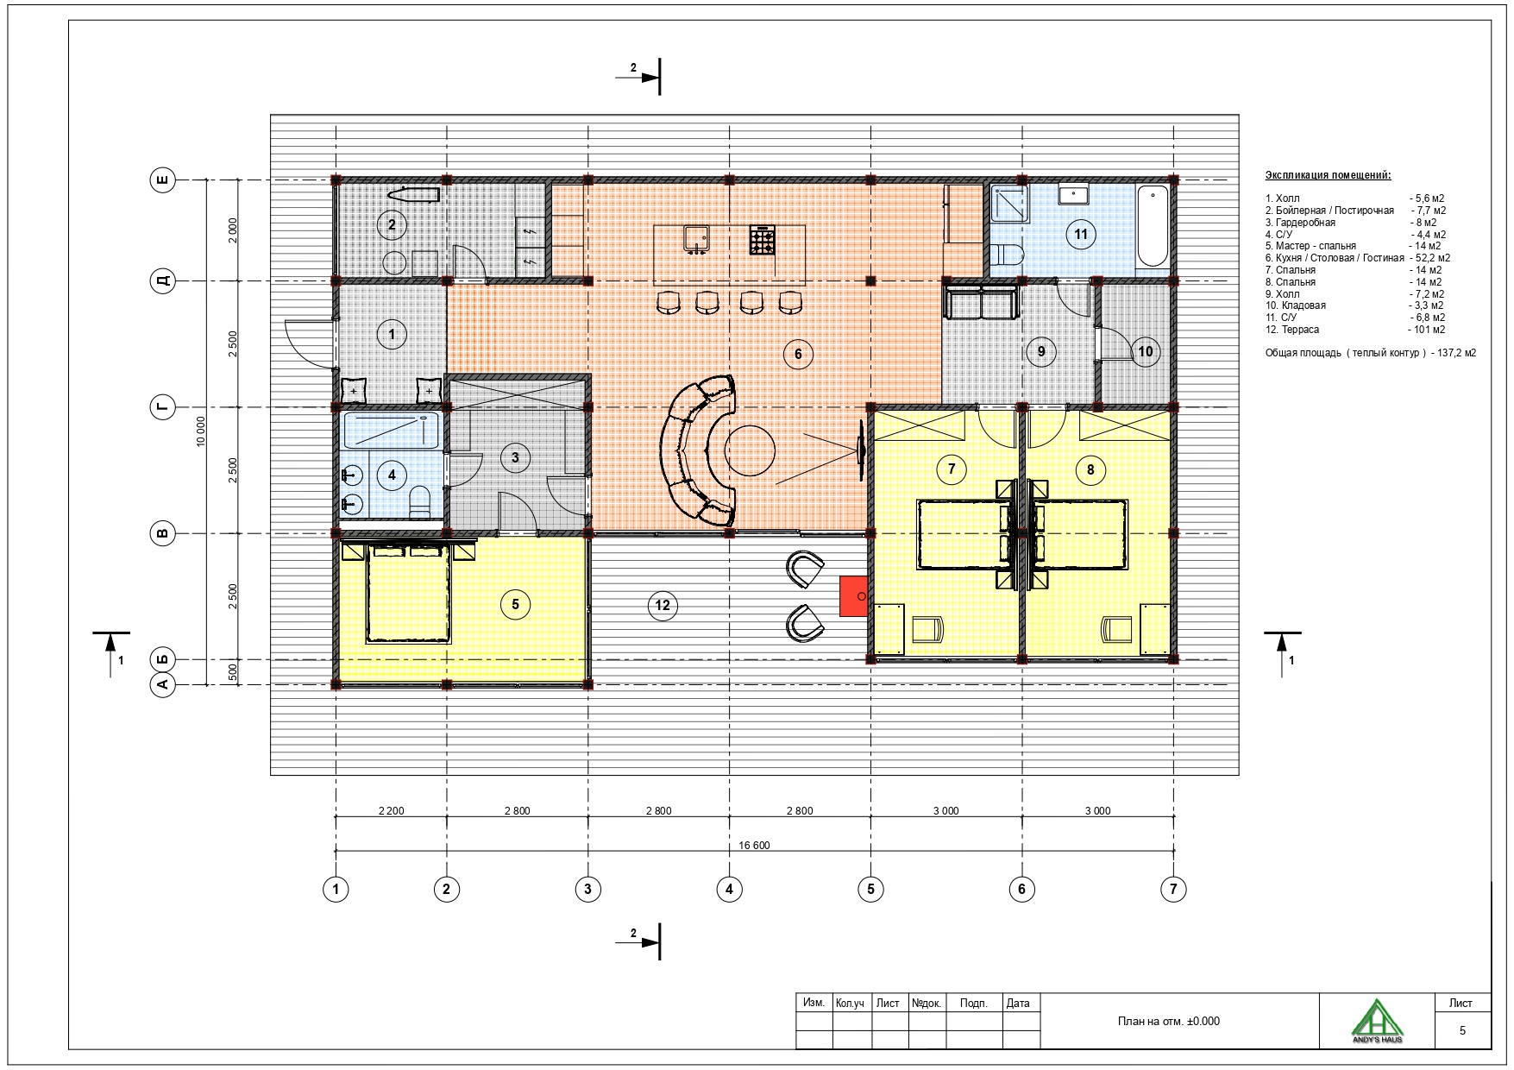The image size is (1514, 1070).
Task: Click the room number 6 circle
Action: point(798,353)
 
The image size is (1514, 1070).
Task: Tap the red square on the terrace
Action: point(854,596)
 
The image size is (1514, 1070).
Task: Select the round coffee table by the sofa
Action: point(750,450)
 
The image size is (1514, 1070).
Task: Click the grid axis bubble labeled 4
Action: point(729,889)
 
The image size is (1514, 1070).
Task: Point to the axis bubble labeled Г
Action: point(162,407)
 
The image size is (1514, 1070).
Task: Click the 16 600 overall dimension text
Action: point(755,846)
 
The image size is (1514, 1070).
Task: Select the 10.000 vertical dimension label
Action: point(201,431)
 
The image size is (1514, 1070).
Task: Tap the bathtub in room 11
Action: point(1153,226)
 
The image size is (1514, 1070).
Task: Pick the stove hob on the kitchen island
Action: point(763,240)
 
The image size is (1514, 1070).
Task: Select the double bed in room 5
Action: point(409,593)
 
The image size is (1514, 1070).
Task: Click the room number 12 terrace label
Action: point(663,605)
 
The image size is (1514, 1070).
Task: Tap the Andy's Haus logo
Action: point(1378,1020)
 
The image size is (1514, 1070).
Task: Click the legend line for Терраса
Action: point(1355,330)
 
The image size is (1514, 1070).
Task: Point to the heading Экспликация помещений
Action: point(1328,176)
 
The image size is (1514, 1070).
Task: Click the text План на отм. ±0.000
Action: point(1169,1022)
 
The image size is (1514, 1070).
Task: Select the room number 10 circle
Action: point(1146,351)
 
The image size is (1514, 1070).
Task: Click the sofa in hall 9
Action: point(981,304)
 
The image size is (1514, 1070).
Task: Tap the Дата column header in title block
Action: point(1018,1004)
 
